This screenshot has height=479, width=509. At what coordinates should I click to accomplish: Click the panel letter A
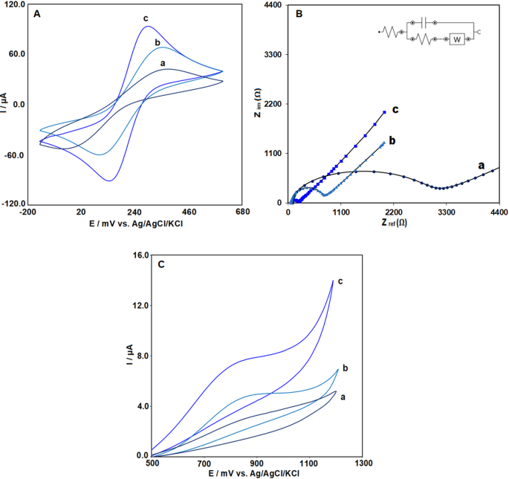[36, 13]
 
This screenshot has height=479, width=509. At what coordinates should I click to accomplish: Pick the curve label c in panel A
[146, 17]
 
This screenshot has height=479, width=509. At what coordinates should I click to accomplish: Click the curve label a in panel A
[162, 63]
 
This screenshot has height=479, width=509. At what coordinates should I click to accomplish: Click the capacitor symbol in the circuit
[424, 24]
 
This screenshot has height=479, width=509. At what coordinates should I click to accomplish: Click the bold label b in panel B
[392, 140]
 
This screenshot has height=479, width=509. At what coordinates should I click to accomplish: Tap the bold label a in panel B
[481, 164]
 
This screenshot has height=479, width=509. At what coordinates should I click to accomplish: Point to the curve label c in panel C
[340, 281]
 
